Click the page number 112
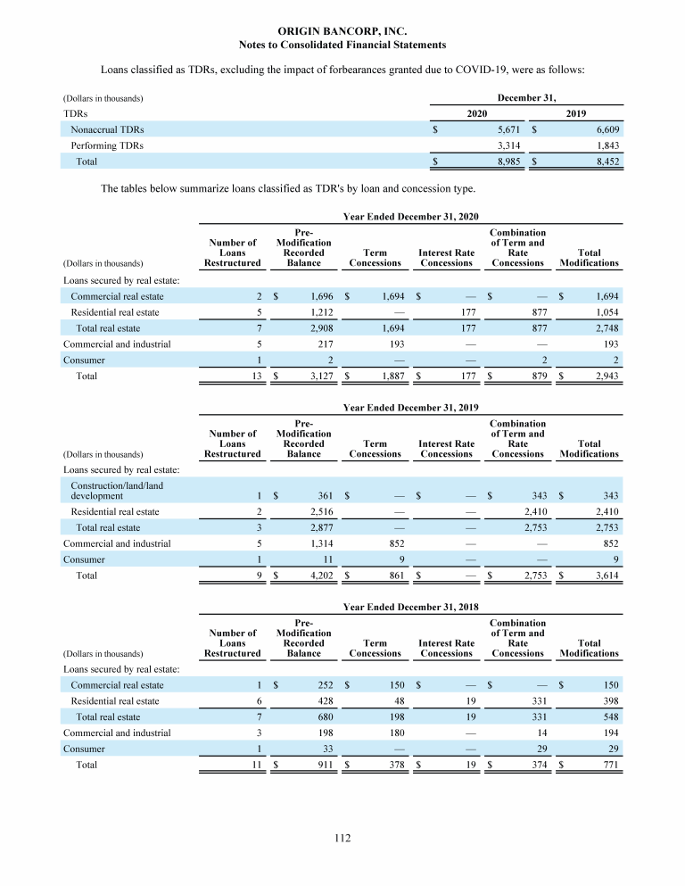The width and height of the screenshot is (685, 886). tap(342, 838)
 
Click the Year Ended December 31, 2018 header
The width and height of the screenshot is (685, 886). tap(410, 608)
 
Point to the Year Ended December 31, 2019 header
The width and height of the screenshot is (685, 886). tap(410, 409)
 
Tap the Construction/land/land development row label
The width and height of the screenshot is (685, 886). tap(116, 490)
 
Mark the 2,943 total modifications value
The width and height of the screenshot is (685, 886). tap(603, 377)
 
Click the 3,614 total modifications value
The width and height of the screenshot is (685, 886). tap(603, 575)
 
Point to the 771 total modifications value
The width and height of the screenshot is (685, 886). tap(607, 766)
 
